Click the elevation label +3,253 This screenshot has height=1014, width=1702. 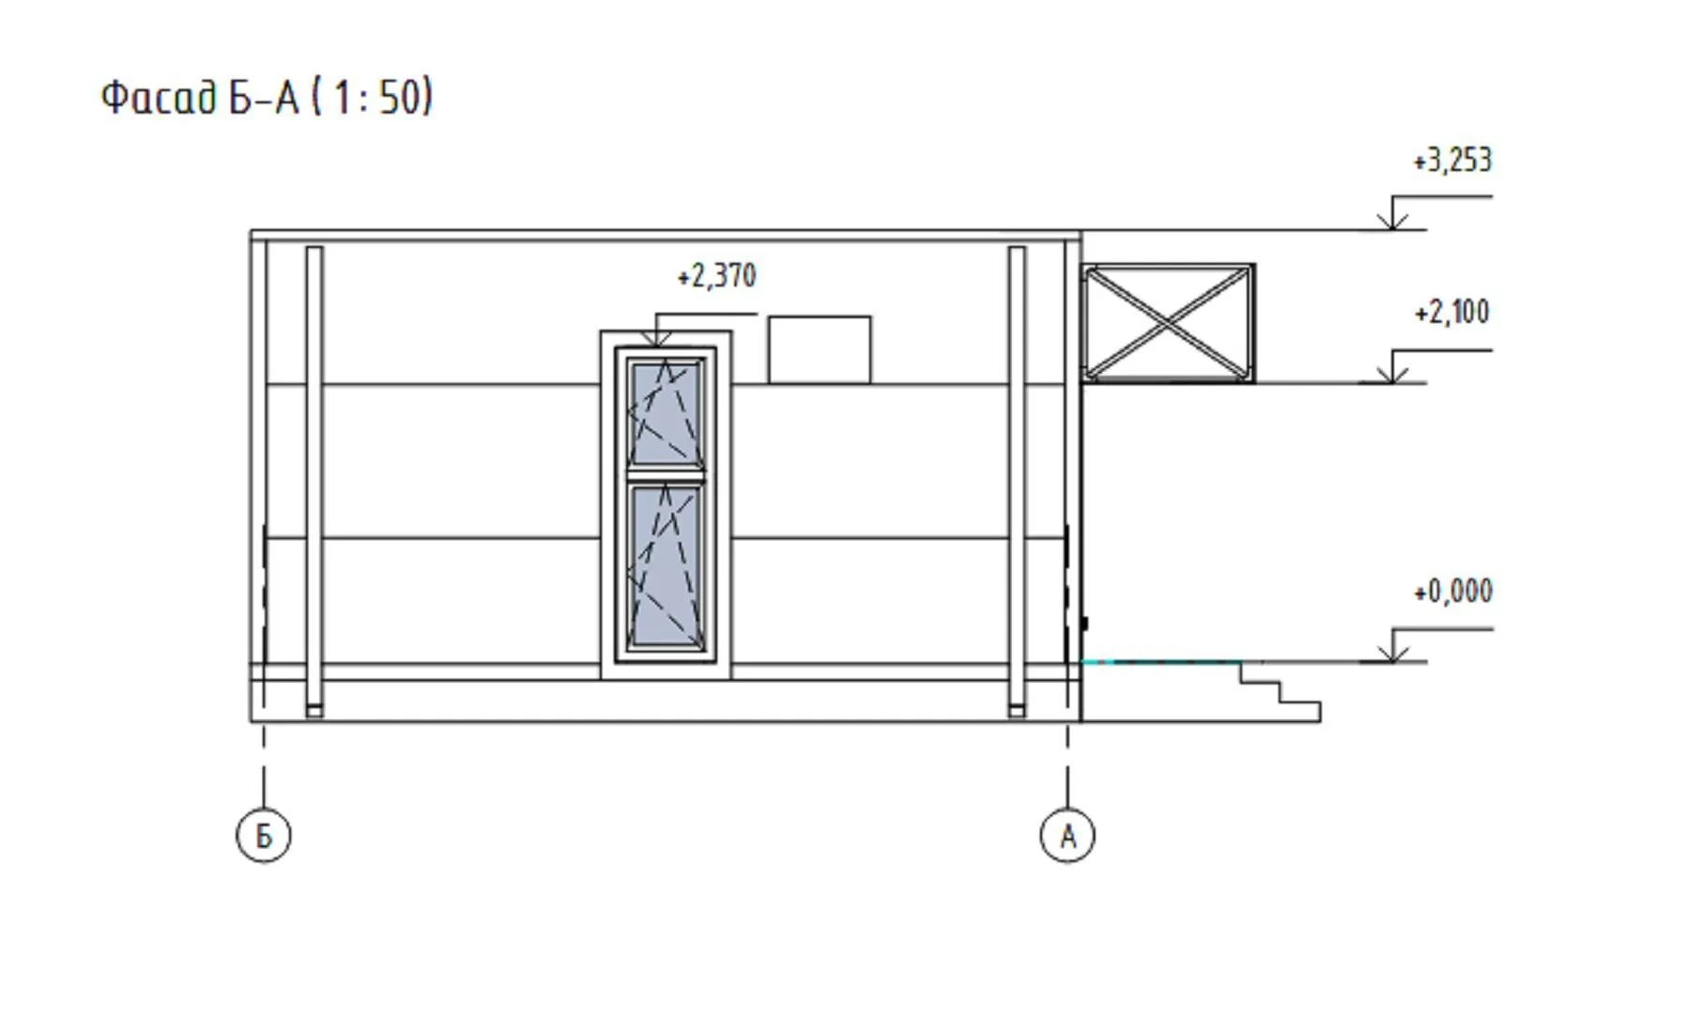[x=1452, y=161]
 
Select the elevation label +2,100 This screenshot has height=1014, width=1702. [x=1451, y=313]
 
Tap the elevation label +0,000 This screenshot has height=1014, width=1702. [x=1452, y=592]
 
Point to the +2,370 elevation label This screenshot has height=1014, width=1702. [x=716, y=277]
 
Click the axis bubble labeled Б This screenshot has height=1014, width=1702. [x=264, y=836]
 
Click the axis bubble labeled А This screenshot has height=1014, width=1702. [x=1067, y=836]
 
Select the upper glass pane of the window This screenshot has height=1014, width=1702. [x=666, y=413]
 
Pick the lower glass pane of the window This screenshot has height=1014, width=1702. [x=666, y=566]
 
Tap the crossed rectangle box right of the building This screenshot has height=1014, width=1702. [x=1168, y=324]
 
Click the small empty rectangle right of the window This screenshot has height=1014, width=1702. [x=820, y=350]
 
